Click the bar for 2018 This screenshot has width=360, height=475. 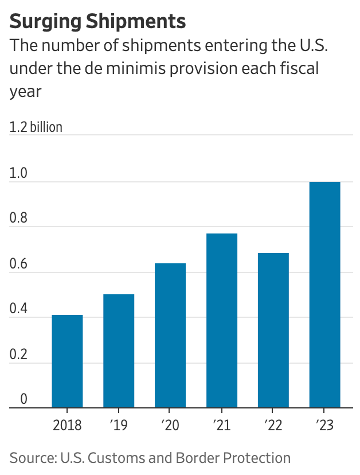[x=67, y=361]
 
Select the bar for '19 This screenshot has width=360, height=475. [x=119, y=351]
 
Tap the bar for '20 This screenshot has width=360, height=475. [x=170, y=336]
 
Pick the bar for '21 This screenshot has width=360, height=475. [x=222, y=321]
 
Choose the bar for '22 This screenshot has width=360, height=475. [x=273, y=330]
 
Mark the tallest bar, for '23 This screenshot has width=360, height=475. [x=324, y=295]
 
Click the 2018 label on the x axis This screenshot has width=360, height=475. [x=67, y=426]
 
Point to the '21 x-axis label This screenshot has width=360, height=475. [x=222, y=426]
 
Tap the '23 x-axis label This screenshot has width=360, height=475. [x=324, y=426]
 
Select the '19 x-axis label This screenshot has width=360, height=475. [x=119, y=426]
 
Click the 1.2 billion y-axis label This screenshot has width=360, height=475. [x=36, y=127]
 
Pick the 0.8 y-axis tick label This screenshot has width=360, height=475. [x=18, y=218]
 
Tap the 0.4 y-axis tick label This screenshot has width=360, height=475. [x=18, y=309]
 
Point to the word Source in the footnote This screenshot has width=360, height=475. [x=29, y=458]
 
